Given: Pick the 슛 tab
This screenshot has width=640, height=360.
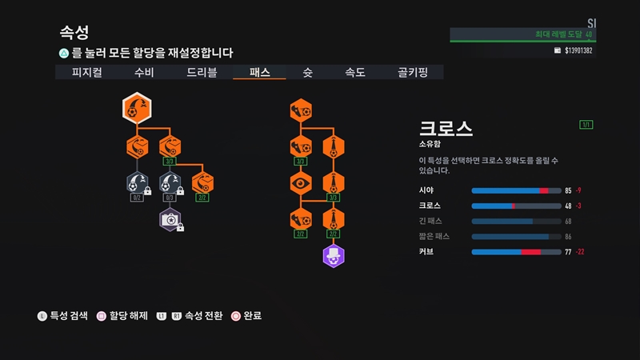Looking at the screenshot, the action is pos(307,72).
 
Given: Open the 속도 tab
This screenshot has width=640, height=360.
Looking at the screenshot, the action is pos(355,72).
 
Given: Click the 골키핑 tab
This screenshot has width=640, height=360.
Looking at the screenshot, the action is pos(413,72).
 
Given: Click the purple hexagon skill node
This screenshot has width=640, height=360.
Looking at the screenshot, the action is pos(333,256).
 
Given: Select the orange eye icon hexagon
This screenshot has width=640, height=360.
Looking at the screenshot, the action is pos(301,183).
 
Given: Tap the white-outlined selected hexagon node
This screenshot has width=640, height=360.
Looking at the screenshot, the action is pos(136,108).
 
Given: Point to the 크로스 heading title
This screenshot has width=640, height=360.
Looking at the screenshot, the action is pos(446,130).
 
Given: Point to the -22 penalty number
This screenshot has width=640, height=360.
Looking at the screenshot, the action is pos(582,251).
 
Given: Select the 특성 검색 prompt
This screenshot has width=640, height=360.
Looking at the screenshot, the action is pos(69,316).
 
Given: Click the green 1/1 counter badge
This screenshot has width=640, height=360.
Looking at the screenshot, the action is pos(586,125).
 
